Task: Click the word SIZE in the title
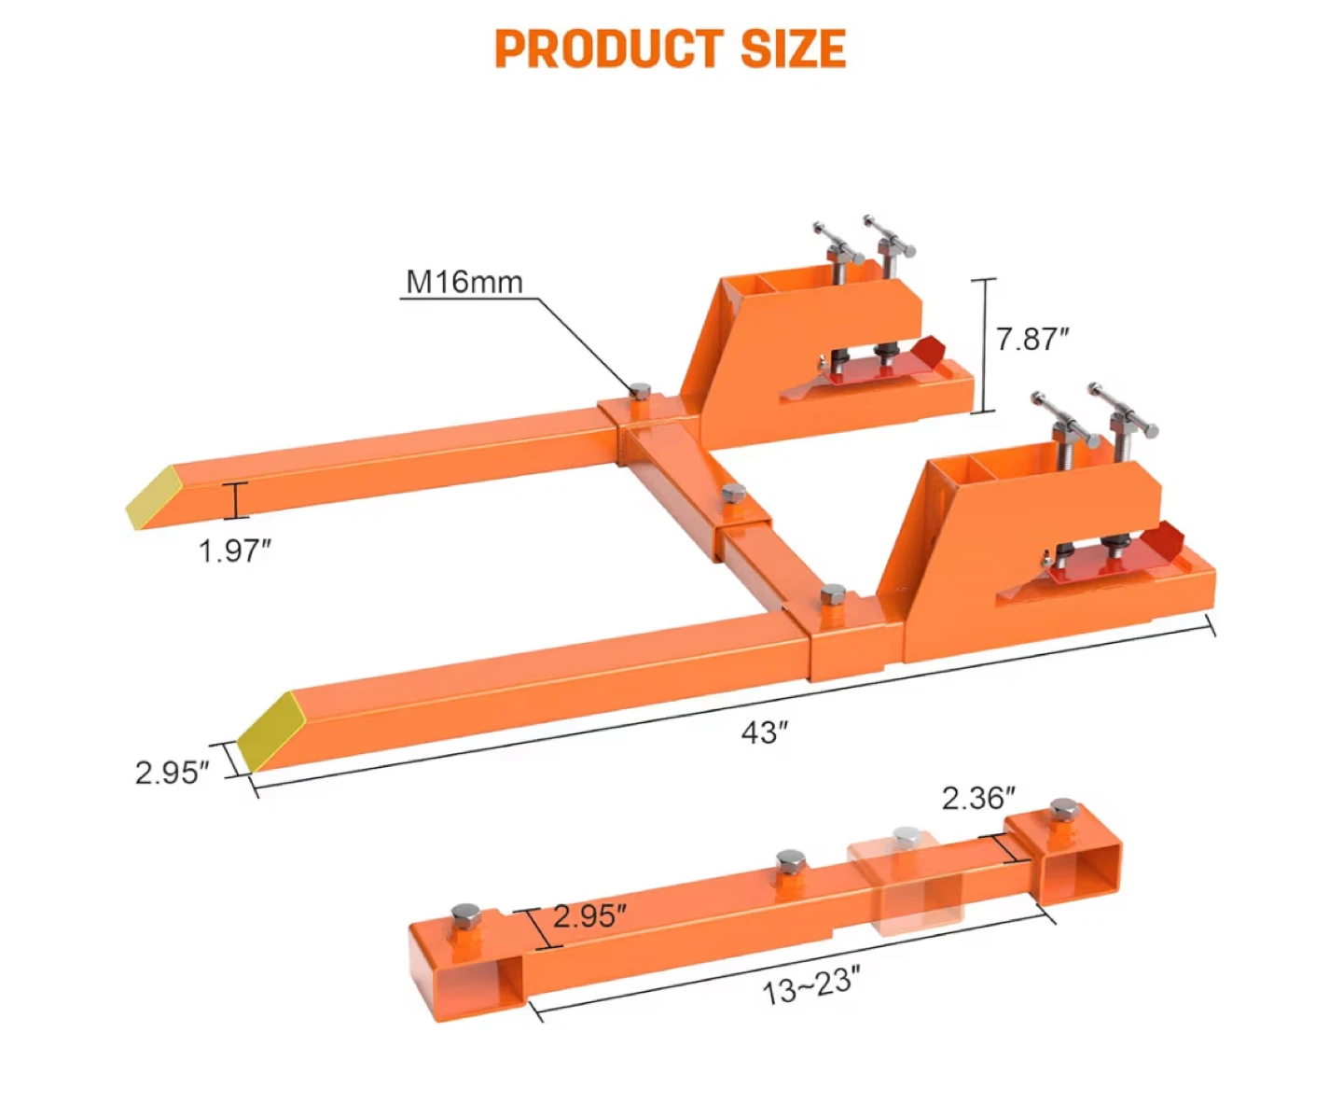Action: click(x=793, y=49)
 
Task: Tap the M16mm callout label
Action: click(x=464, y=282)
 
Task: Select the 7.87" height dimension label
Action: click(x=1031, y=339)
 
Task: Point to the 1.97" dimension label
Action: click(x=234, y=551)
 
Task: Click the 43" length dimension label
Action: click(x=765, y=733)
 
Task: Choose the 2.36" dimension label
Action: click(x=977, y=799)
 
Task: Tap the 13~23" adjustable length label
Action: click(x=810, y=985)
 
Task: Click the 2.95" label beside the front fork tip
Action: click(x=172, y=773)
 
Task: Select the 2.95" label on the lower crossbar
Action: click(x=589, y=915)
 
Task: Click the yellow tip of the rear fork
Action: click(x=154, y=496)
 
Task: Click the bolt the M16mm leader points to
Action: click(x=640, y=392)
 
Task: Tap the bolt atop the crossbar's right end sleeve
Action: click(x=1061, y=809)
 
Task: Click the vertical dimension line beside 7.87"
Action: click(x=984, y=345)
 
